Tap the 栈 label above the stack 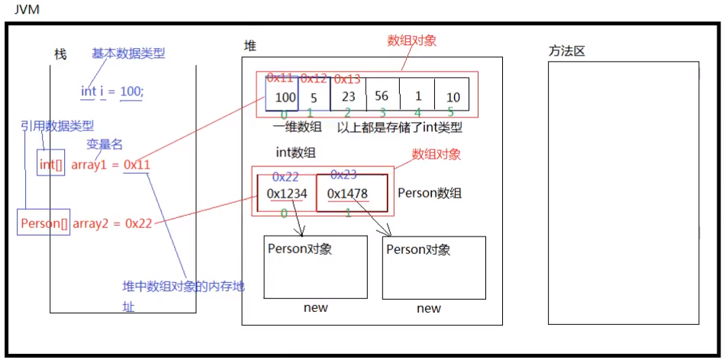click(x=60, y=54)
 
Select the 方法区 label click(x=566, y=51)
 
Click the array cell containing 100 click(x=282, y=97)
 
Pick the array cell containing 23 click(x=349, y=97)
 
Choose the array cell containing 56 click(x=382, y=97)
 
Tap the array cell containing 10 click(x=453, y=97)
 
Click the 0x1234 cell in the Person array click(x=286, y=194)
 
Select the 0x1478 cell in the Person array click(x=347, y=194)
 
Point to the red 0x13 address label click(x=347, y=79)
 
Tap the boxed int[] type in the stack click(x=51, y=163)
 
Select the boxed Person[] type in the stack click(x=44, y=223)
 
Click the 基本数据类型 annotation click(x=128, y=53)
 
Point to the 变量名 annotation click(x=105, y=144)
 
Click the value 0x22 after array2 click(x=139, y=223)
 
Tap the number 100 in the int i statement click(x=130, y=92)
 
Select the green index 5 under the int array click(x=451, y=113)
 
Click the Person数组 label click(x=430, y=194)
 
